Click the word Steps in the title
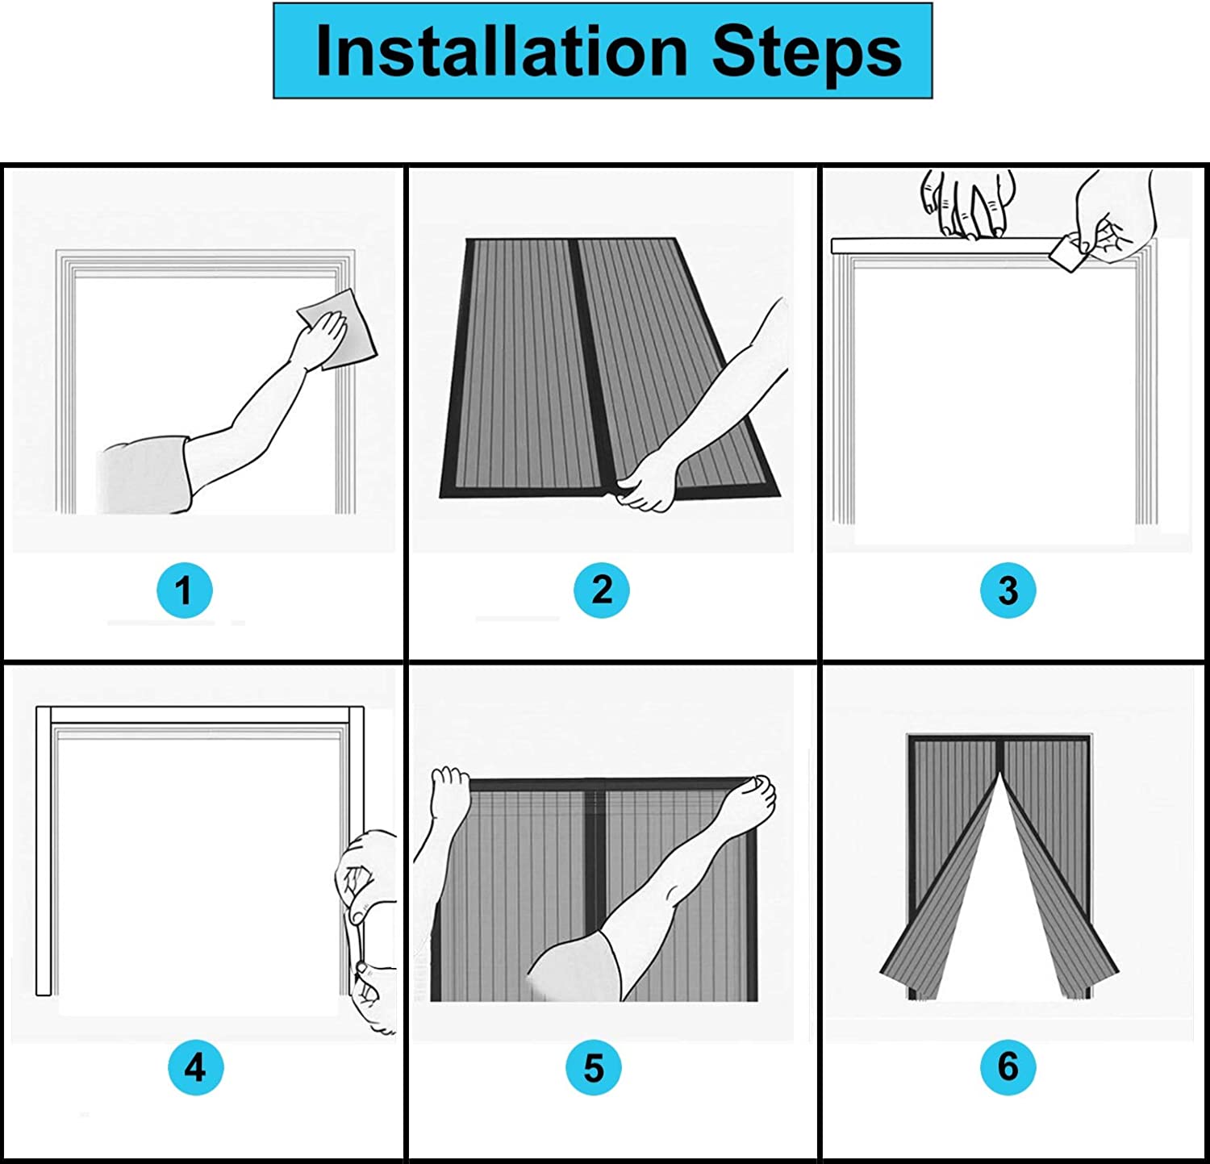[x=806, y=52]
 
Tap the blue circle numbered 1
[x=184, y=590]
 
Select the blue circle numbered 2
[x=601, y=590]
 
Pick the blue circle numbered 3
[x=1008, y=590]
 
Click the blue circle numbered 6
[x=1008, y=1067]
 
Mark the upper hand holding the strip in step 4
[x=359, y=875]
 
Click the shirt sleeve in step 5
[x=573, y=964]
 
